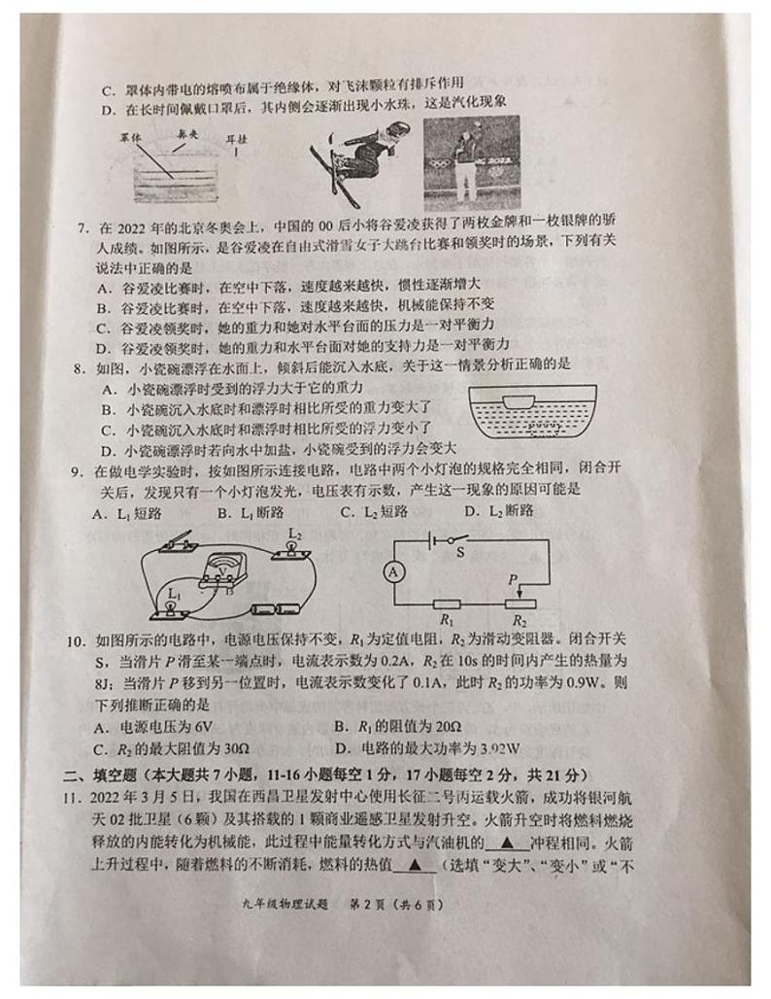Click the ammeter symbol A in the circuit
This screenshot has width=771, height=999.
[x=394, y=573]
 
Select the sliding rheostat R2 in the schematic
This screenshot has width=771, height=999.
[x=520, y=603]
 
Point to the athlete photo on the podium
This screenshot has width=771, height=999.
[x=471, y=162]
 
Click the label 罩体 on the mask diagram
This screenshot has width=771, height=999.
[x=131, y=139]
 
